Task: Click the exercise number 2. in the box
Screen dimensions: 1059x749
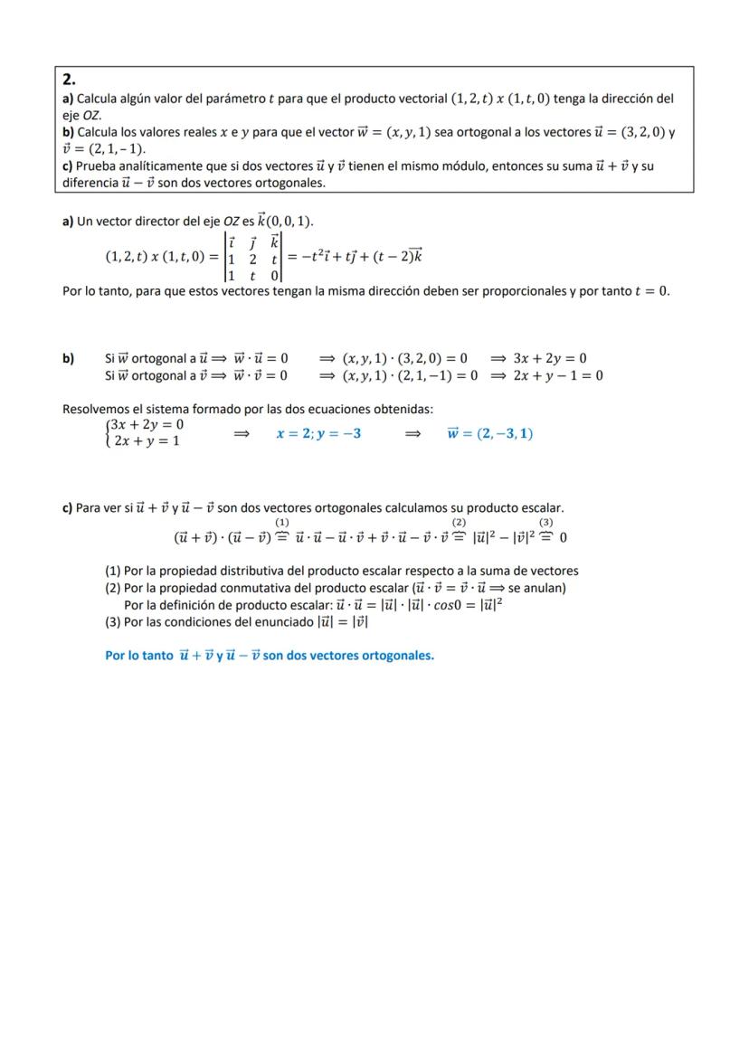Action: [70, 80]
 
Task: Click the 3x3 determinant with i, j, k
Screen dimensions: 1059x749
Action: [254, 257]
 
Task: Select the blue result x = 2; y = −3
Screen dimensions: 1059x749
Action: [318, 433]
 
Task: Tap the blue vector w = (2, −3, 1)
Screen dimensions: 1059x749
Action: [489, 433]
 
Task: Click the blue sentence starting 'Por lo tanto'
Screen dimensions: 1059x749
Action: [270, 655]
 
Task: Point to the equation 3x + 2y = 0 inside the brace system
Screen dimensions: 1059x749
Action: [147, 424]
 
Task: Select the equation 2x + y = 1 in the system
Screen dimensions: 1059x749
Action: [147, 441]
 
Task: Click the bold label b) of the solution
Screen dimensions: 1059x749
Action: [68, 358]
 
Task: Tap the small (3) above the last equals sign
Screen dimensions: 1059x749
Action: [545, 523]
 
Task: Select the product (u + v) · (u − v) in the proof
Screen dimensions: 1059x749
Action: [223, 537]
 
